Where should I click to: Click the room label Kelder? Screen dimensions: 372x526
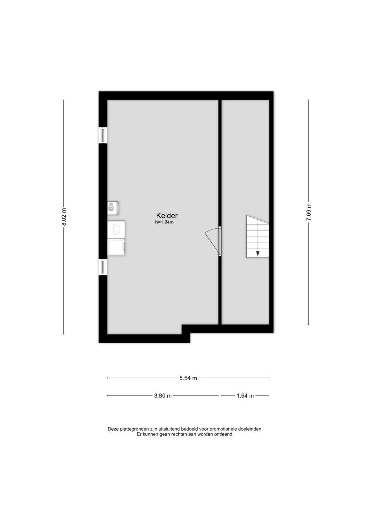pyautogui.click(x=167, y=215)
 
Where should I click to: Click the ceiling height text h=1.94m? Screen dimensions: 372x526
pyautogui.click(x=164, y=222)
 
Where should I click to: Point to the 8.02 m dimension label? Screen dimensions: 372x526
pyautogui.click(x=64, y=217)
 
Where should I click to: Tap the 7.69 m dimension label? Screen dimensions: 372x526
pyautogui.click(x=309, y=212)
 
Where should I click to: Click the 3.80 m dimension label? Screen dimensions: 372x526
pyautogui.click(x=163, y=396)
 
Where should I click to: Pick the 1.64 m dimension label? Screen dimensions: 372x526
pyautogui.click(x=245, y=396)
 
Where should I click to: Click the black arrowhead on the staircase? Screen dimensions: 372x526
pyautogui.click(x=258, y=254)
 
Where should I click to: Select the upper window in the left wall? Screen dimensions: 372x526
pyautogui.click(x=103, y=135)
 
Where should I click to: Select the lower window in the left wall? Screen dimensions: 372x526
pyautogui.click(x=103, y=267)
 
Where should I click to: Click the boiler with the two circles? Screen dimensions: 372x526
pyautogui.click(x=113, y=208)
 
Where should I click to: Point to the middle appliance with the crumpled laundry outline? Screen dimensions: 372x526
pyautogui.click(x=116, y=229)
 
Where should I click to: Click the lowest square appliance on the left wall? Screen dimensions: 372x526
pyautogui.click(x=116, y=247)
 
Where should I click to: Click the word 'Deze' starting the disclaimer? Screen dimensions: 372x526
pyautogui.click(x=113, y=429)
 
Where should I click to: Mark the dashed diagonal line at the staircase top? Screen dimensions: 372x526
pyautogui.click(x=258, y=219)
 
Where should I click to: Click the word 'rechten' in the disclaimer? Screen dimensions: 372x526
pyautogui.click(x=178, y=434)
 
